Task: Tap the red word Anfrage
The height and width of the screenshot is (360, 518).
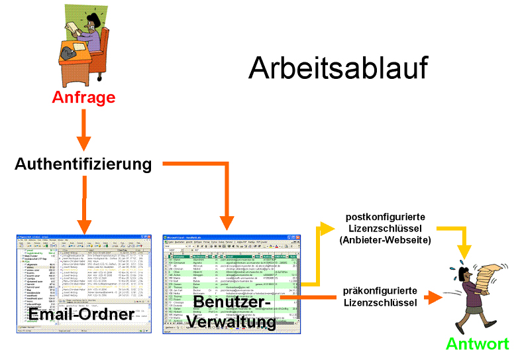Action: pyautogui.click(x=83, y=97)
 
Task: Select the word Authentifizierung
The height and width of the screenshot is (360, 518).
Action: pyautogui.click(x=83, y=164)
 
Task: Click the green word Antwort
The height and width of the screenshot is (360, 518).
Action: pyautogui.click(x=477, y=344)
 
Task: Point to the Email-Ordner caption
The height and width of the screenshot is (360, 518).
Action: pyautogui.click(x=81, y=314)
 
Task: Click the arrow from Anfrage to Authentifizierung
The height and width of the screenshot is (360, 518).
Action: pyautogui.click(x=83, y=130)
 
